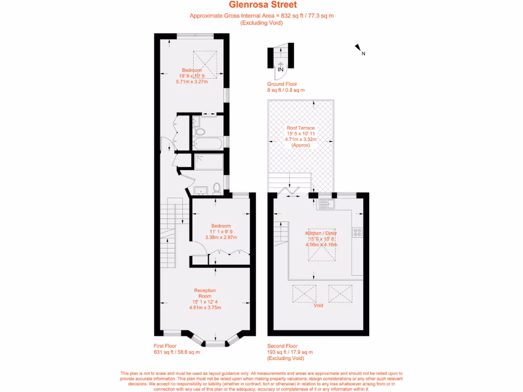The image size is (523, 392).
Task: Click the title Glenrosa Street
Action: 261,5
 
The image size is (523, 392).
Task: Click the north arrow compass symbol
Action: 359,49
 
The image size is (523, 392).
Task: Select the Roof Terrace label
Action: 301,128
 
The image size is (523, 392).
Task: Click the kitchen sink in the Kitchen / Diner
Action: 325,205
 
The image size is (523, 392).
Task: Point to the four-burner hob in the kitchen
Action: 356,232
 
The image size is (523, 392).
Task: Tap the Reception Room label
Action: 205,293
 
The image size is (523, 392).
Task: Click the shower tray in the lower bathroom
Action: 208,162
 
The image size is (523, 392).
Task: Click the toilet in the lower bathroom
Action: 217,188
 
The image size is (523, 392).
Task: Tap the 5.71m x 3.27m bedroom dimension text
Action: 192,81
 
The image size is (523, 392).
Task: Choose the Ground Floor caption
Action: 282,84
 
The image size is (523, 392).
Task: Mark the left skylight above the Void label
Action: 304,293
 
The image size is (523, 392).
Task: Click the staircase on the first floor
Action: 169,235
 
